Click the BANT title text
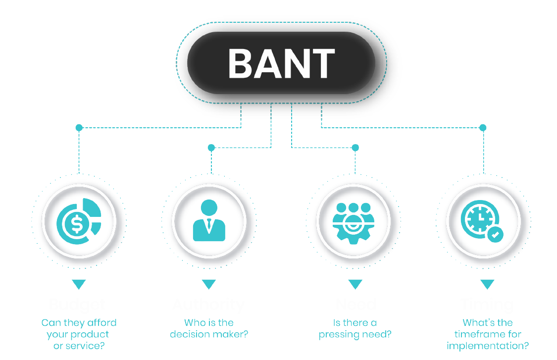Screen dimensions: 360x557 click(281, 63)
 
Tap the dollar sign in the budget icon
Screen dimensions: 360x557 click(76, 224)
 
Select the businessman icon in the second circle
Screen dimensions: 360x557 click(209, 221)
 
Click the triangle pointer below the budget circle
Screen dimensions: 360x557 click(79, 284)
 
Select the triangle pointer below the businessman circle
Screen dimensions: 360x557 click(209, 284)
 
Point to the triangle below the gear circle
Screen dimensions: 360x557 click(355, 284)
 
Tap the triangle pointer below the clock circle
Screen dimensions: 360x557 click(487, 284)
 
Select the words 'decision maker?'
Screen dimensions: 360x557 click(209, 334)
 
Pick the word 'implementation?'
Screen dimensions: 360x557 click(488, 346)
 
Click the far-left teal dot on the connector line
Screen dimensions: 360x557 click(79, 128)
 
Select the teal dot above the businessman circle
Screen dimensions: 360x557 click(211, 148)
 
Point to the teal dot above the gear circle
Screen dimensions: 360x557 click(355, 148)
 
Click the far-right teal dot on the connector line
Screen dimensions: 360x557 click(483, 128)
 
